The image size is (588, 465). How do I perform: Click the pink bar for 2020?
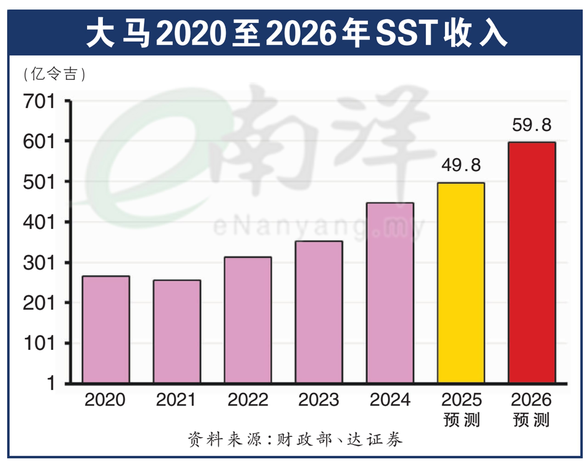tap(106, 329)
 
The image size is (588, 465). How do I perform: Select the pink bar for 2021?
tap(177, 331)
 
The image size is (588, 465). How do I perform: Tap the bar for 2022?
tap(248, 320)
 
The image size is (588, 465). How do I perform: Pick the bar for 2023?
tap(319, 312)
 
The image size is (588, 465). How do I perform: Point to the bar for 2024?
tap(390, 293)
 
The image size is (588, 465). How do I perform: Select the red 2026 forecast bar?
tap(532, 263)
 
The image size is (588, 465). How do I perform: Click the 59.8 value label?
tap(532, 125)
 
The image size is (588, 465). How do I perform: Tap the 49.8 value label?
tap(461, 165)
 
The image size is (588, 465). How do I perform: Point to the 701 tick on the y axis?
tap(39, 102)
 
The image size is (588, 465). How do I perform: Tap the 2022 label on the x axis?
tap(248, 400)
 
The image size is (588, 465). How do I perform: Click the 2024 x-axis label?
tap(390, 400)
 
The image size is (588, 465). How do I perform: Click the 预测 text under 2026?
tap(531, 420)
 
